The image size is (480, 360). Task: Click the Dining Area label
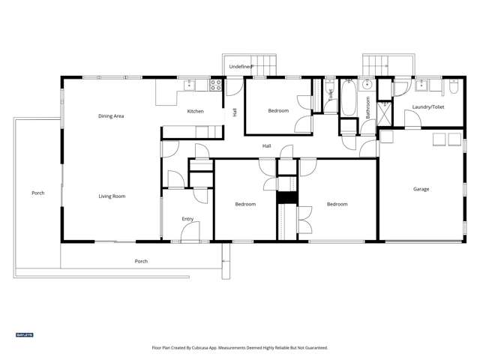point(111,116)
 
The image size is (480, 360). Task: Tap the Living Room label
point(112,196)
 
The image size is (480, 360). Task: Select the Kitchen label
point(195,112)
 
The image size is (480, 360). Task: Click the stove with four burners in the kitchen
point(215,85)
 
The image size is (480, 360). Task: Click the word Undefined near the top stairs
point(240,67)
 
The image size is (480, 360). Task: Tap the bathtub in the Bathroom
point(350,97)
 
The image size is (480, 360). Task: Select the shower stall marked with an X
point(385,113)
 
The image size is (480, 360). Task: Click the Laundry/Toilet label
point(427,107)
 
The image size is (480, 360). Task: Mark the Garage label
point(421,189)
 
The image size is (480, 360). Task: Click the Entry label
point(187,219)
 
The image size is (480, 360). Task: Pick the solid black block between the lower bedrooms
point(286,197)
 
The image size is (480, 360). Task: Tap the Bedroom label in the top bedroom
point(278,111)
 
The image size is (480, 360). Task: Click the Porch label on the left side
point(37,193)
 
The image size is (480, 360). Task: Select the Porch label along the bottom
point(141,261)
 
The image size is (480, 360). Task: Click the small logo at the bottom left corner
point(25,334)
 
